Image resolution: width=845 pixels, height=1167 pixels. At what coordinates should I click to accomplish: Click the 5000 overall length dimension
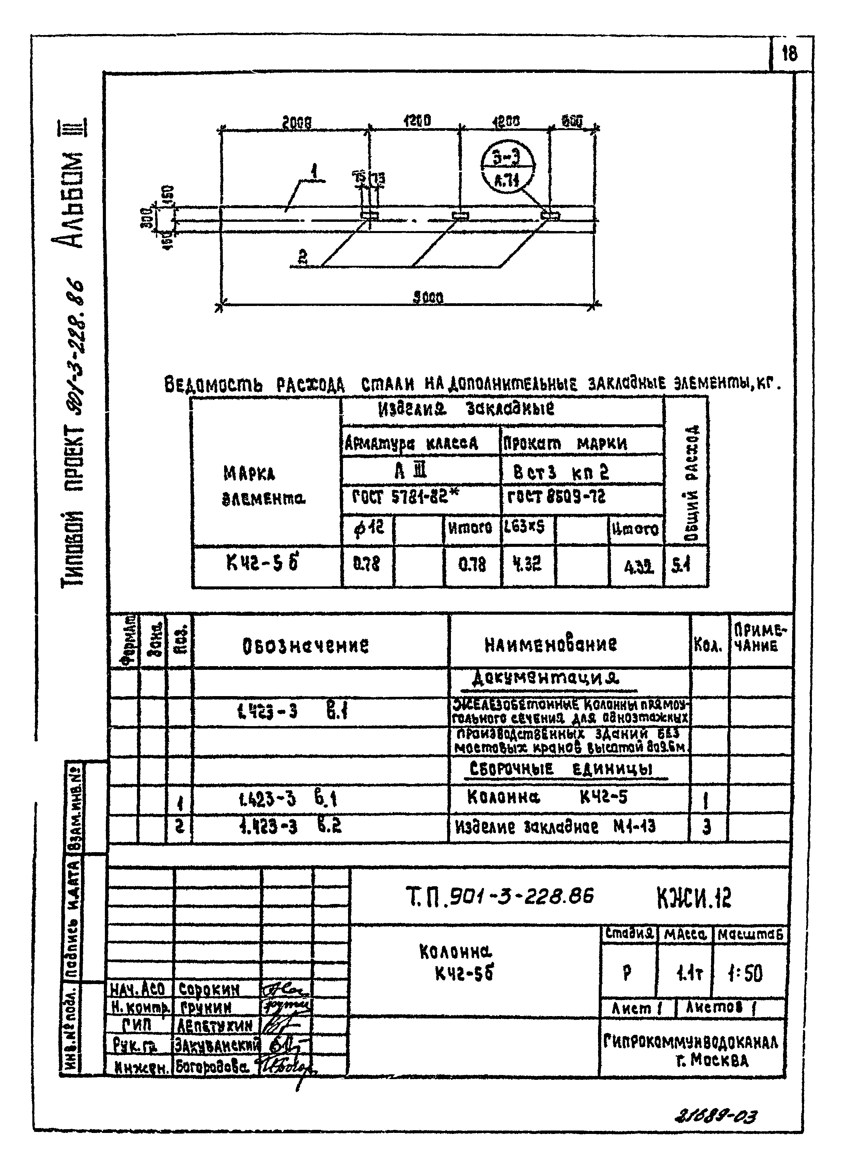[428, 297]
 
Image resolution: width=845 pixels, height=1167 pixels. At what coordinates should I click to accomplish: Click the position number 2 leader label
[303, 257]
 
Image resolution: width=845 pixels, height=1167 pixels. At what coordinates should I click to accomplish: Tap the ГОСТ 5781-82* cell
[405, 496]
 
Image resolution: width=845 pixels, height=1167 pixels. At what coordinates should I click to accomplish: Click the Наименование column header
[550, 644]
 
